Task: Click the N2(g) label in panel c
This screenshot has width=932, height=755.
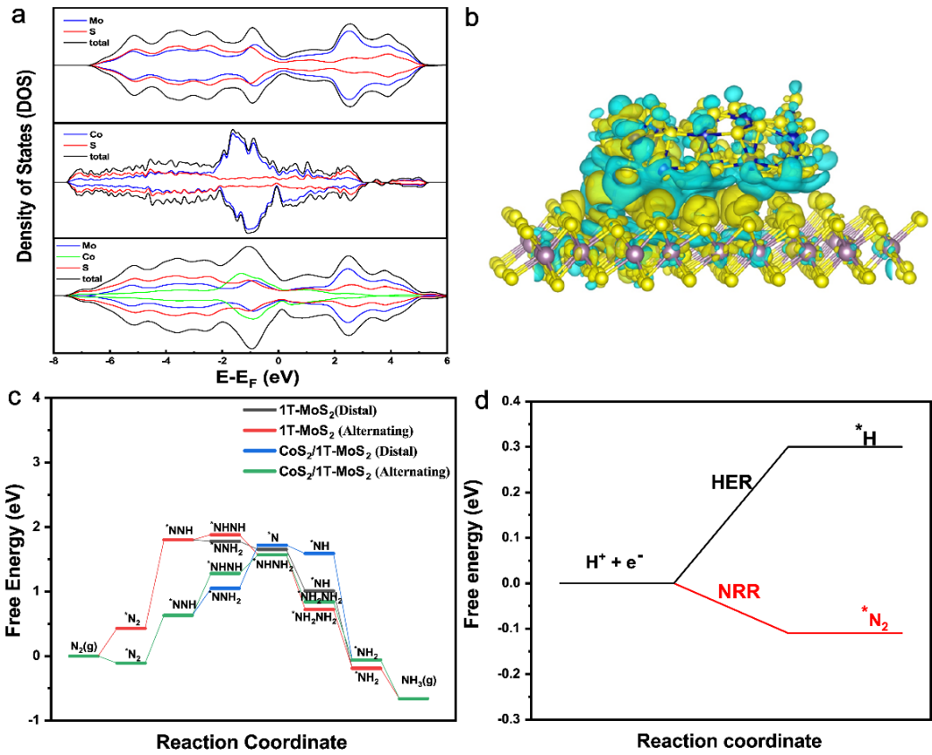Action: (85, 647)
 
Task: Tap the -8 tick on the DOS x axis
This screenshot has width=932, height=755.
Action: (55, 362)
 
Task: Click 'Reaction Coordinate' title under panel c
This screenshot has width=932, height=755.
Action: (251, 742)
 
